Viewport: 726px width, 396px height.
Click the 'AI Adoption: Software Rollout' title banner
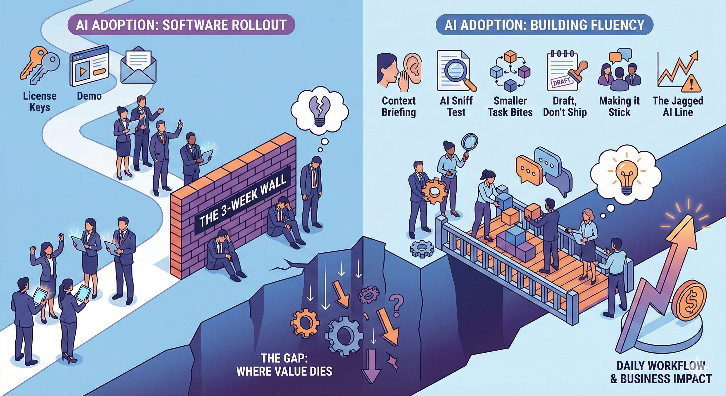(x=181, y=25)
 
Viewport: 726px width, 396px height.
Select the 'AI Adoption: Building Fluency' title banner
(x=544, y=25)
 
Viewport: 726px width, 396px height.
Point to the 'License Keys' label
(x=40, y=102)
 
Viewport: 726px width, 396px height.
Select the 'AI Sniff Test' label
(x=456, y=106)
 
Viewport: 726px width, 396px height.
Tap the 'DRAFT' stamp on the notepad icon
(x=562, y=82)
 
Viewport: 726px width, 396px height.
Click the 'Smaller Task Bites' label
(x=510, y=106)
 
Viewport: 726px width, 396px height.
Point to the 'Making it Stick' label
(x=619, y=106)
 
